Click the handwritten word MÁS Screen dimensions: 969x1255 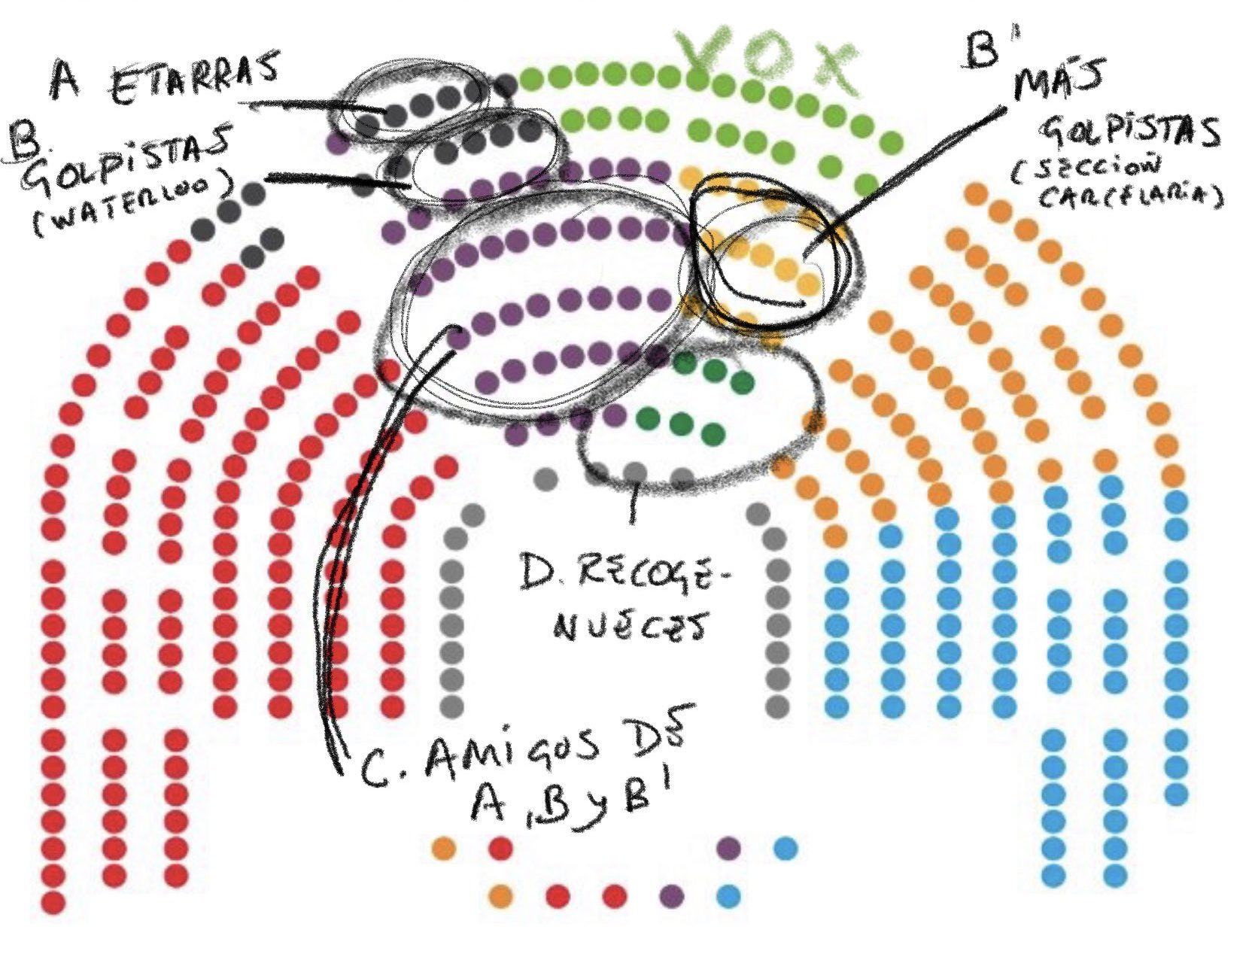click(x=1057, y=83)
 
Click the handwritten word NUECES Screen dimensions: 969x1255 click(x=631, y=624)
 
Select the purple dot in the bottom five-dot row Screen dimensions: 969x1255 click(x=671, y=896)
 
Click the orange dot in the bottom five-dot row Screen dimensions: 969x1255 click(x=500, y=896)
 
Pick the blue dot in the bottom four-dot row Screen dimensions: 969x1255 click(x=786, y=849)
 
